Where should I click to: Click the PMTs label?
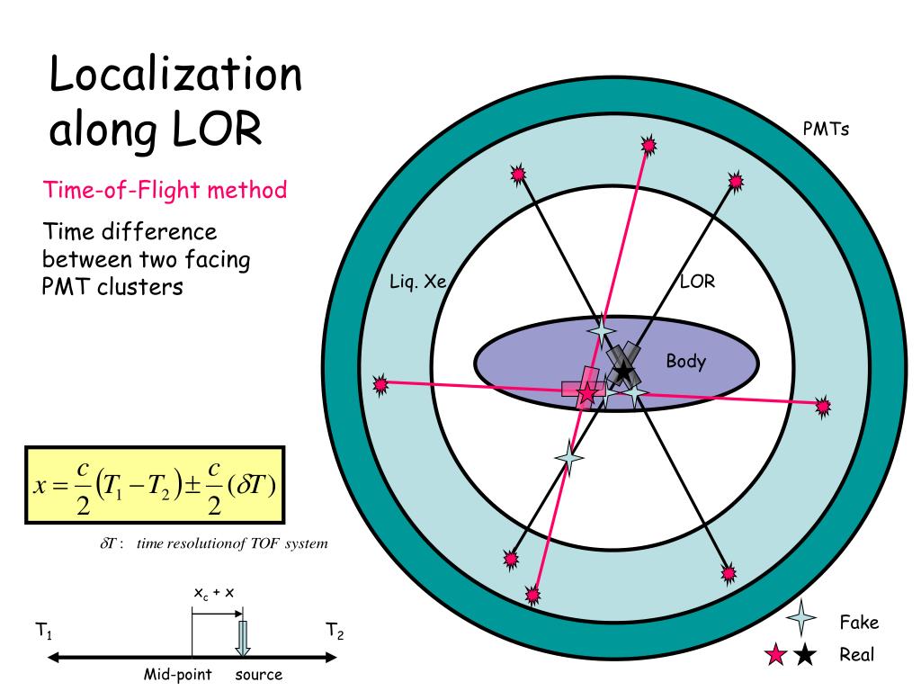click(826, 129)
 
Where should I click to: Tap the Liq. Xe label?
click(418, 281)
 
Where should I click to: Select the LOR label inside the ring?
click(697, 282)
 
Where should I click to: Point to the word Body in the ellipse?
click(685, 362)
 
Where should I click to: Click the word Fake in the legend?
click(858, 623)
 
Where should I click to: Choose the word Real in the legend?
click(856, 654)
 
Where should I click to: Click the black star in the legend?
click(805, 656)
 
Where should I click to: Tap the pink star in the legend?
click(774, 656)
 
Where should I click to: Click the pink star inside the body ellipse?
click(586, 392)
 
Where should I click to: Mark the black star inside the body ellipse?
click(622, 371)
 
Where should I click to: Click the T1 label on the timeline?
click(43, 633)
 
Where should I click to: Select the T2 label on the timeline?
click(335, 633)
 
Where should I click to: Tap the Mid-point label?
click(178, 675)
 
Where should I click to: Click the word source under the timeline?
click(259, 675)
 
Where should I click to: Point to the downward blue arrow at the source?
click(242, 637)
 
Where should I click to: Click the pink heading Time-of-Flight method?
click(165, 190)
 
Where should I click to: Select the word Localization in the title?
click(175, 74)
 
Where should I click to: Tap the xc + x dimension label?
click(216, 593)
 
